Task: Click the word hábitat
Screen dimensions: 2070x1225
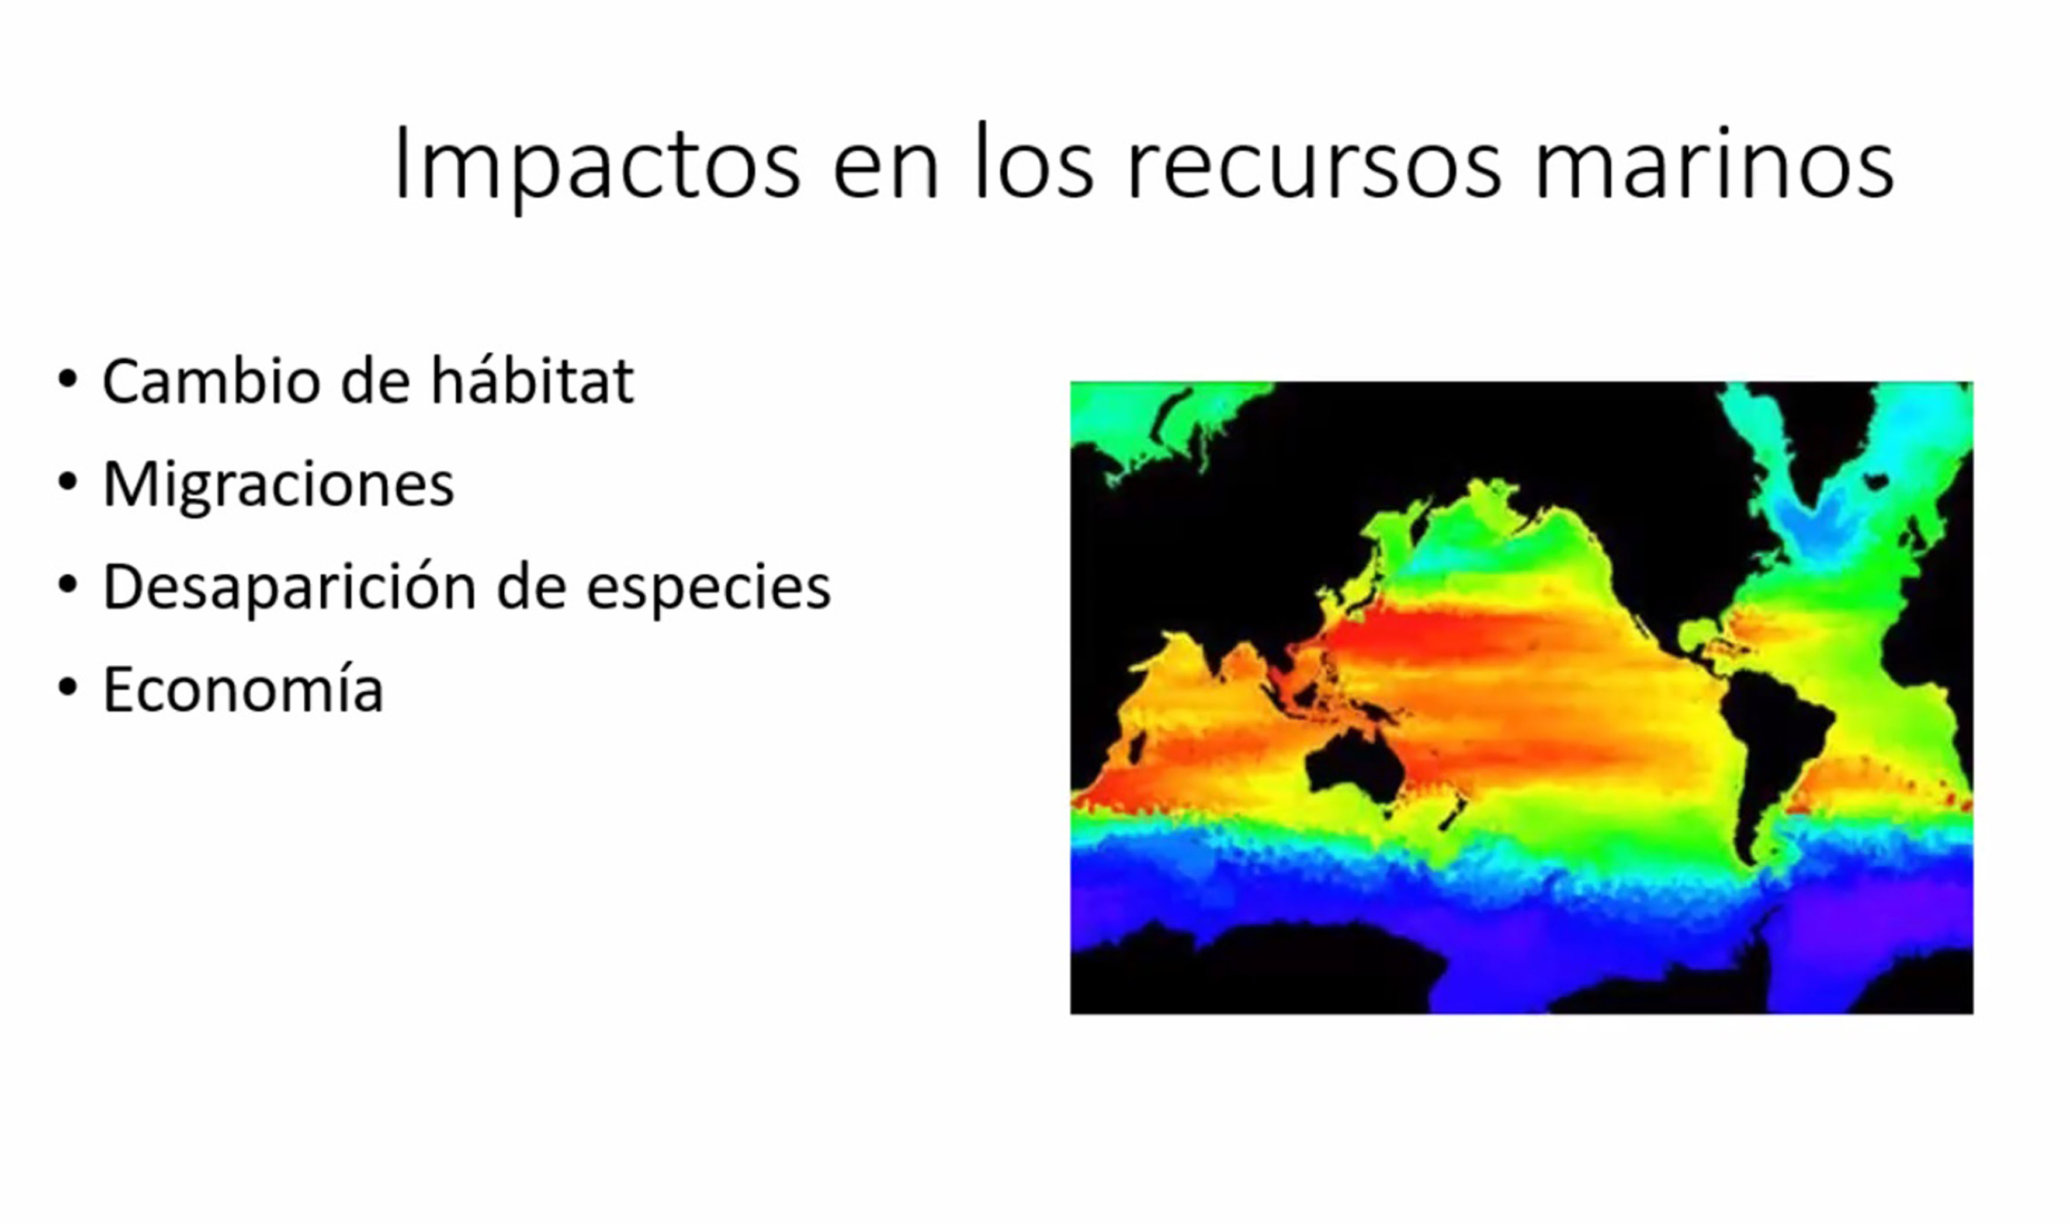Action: point(532,381)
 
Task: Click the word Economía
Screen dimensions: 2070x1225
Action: point(242,689)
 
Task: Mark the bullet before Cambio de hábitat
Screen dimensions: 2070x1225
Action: point(68,380)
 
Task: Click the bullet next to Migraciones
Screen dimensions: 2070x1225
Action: point(68,482)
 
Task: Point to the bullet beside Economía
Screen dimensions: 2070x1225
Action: point(68,688)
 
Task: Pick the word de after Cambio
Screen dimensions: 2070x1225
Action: point(376,381)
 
